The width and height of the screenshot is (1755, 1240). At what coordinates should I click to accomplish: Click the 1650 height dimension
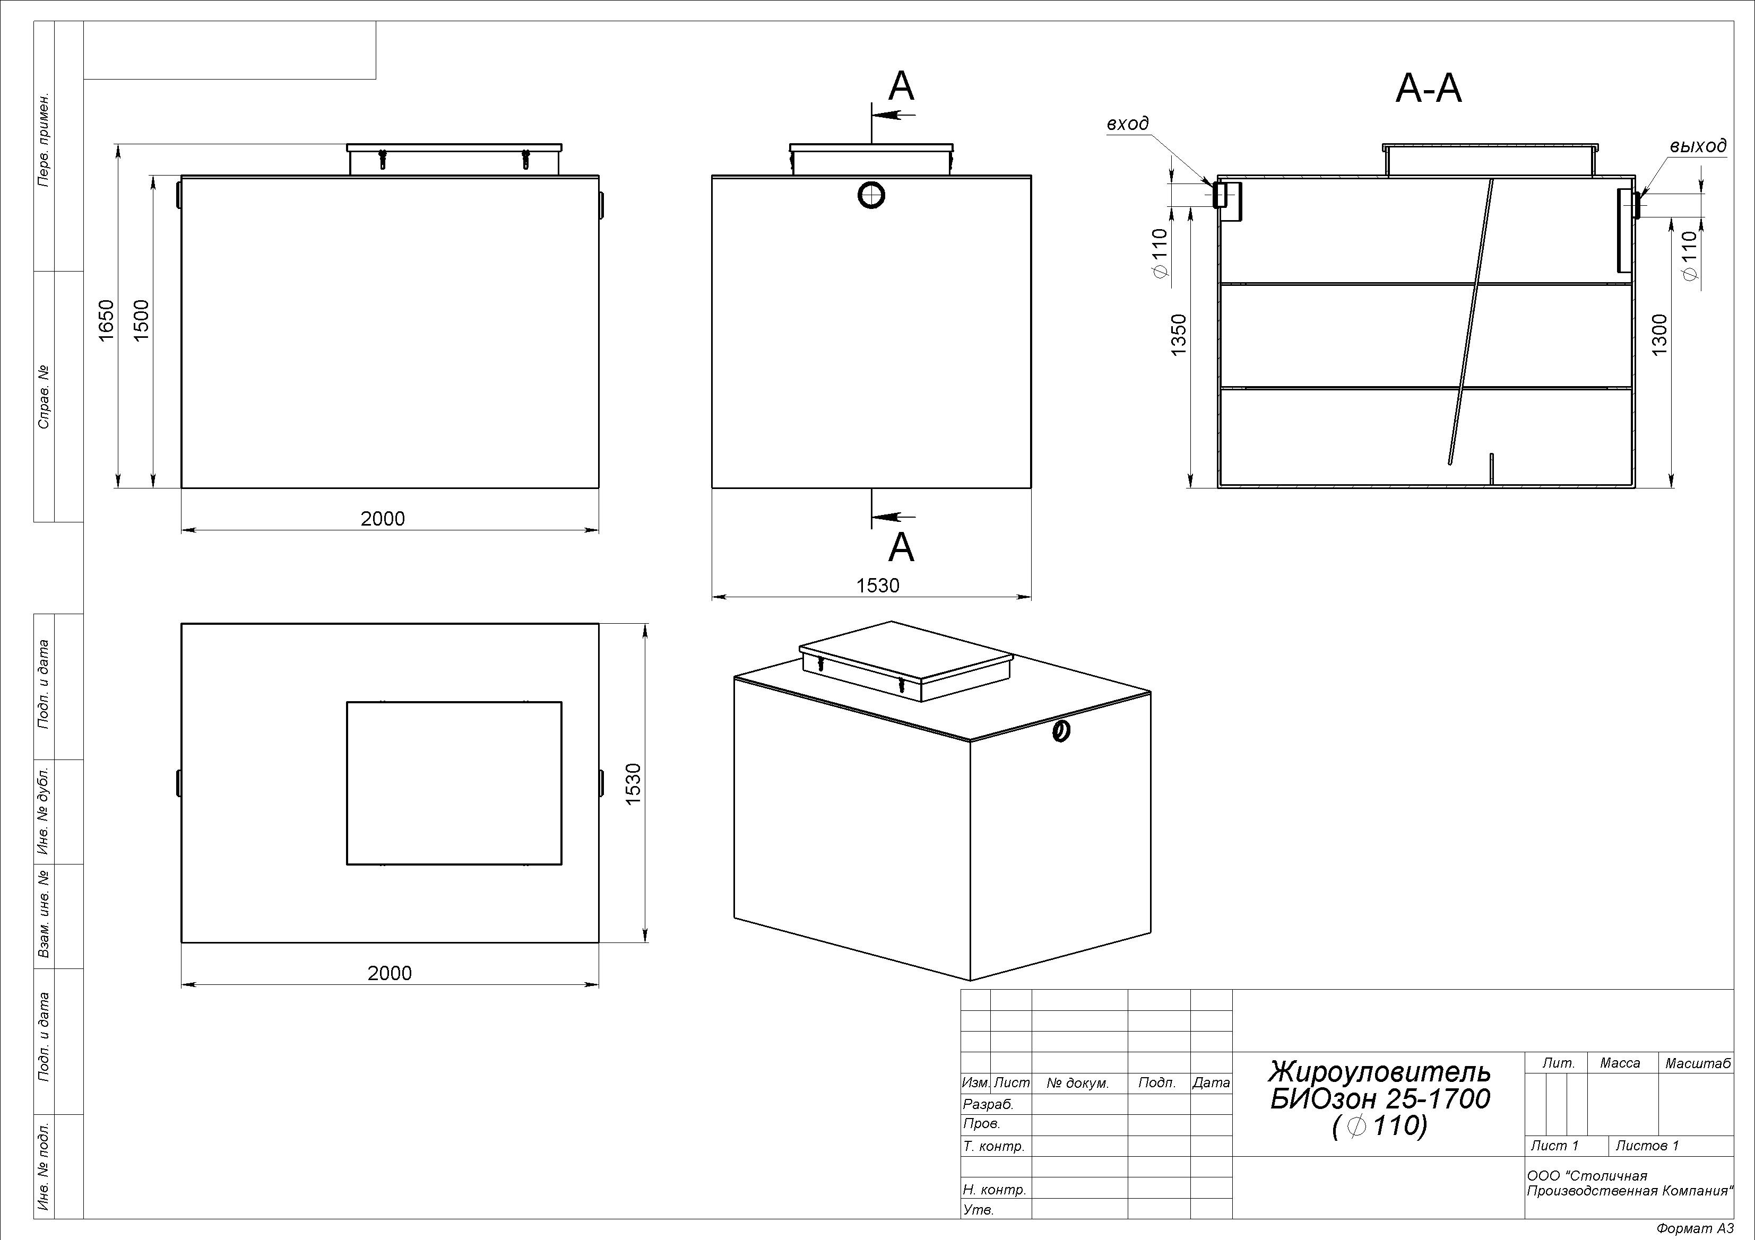106,321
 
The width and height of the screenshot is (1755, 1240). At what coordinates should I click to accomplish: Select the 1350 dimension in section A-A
1179,335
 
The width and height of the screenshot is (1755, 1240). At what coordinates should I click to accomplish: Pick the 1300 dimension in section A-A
1659,335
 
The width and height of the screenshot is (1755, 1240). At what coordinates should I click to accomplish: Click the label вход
1127,124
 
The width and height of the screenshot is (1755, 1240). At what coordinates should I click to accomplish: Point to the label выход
1698,146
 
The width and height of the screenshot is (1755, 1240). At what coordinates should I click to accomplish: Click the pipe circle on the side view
871,196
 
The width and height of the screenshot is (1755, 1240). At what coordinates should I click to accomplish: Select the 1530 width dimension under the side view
878,585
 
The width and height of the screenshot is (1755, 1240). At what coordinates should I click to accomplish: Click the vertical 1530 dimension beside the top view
633,784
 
